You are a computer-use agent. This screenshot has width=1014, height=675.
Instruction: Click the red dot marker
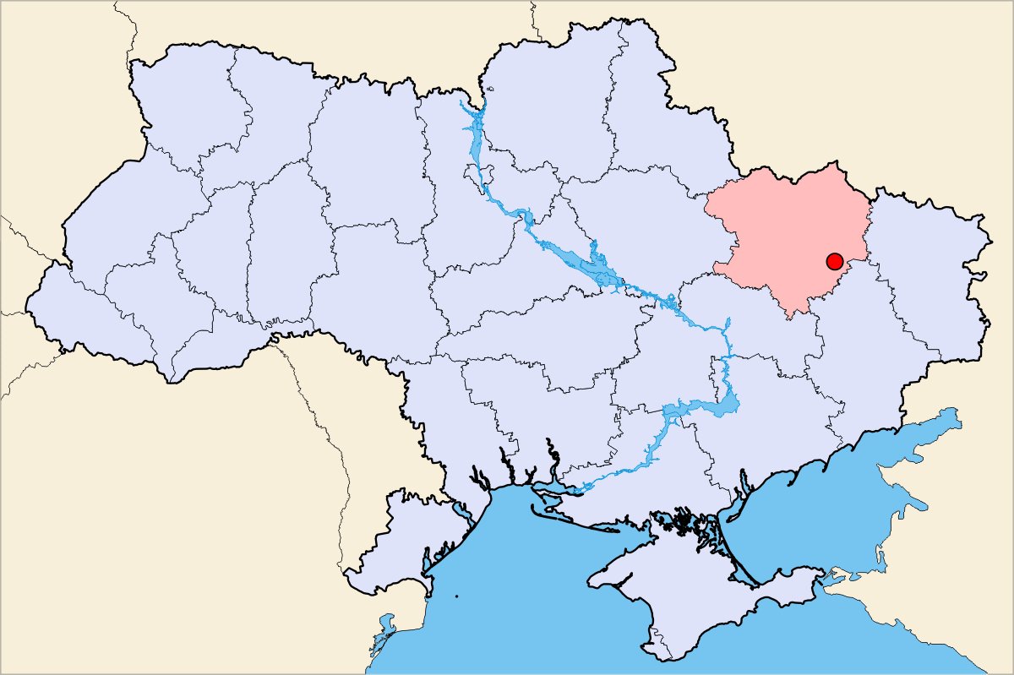834,260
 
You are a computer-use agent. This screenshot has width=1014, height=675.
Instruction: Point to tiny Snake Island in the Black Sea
456,597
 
